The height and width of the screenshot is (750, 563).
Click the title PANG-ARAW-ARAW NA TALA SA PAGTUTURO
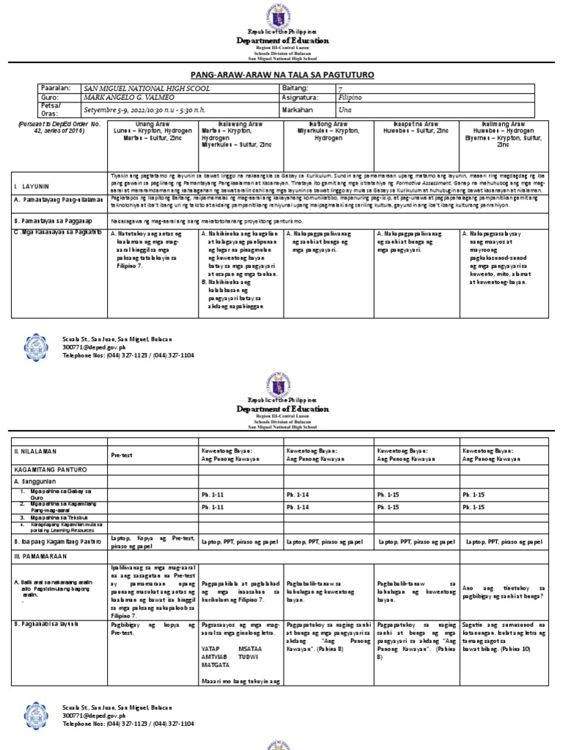(281, 75)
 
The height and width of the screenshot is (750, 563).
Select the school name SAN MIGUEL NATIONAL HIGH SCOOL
(147, 88)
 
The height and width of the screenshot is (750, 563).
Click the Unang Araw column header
(152, 125)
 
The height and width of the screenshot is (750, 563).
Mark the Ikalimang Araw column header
(503, 125)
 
